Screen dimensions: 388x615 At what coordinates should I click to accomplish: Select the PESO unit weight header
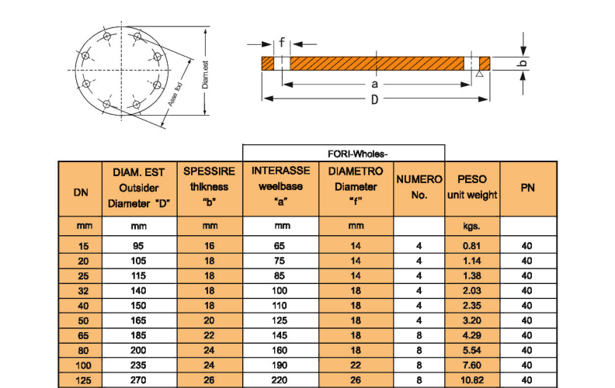pyautogui.click(x=472, y=187)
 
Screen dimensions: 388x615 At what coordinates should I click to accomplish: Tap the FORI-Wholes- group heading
pyautogui.click(x=343, y=152)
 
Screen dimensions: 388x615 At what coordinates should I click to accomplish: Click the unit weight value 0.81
pyautogui.click(x=472, y=246)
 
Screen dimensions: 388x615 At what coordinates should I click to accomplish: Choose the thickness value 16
pyautogui.click(x=210, y=246)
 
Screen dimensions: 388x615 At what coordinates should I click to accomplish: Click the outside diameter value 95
pyautogui.click(x=141, y=246)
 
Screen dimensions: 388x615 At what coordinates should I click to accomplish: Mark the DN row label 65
pyautogui.click(x=80, y=336)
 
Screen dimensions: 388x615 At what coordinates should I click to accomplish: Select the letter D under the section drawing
pyautogui.click(x=375, y=99)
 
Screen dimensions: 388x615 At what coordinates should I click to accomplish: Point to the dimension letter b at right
pyautogui.click(x=523, y=63)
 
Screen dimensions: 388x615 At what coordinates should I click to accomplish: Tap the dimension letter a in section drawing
pyautogui.click(x=374, y=83)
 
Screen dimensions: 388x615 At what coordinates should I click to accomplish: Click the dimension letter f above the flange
pyautogui.click(x=282, y=43)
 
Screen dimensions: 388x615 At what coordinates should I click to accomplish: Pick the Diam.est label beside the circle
pyautogui.click(x=205, y=76)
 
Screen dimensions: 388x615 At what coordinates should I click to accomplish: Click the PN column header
pyautogui.click(x=527, y=187)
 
